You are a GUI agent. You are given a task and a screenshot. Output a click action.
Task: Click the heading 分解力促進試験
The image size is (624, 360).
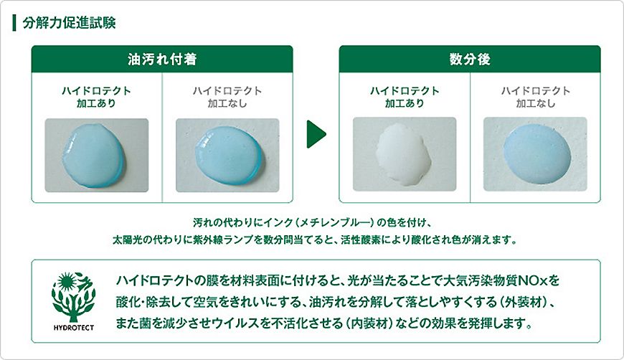click(x=69, y=23)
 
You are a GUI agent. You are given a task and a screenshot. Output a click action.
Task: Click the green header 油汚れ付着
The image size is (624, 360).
click(x=162, y=59)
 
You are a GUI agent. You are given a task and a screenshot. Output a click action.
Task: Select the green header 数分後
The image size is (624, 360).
click(x=470, y=59)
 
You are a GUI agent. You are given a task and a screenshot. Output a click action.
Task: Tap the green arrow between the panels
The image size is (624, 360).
click(x=316, y=134)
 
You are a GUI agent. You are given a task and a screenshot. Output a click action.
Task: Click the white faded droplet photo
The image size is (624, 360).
click(x=405, y=154)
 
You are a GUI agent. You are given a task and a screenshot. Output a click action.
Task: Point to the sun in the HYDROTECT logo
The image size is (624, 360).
click(x=67, y=282)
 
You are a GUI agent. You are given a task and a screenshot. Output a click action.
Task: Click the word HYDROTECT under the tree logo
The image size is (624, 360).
click(x=74, y=328)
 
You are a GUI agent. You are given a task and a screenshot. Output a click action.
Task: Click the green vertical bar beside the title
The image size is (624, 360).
click(x=14, y=23)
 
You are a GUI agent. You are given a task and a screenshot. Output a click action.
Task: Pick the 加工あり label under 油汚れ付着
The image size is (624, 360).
click(x=96, y=103)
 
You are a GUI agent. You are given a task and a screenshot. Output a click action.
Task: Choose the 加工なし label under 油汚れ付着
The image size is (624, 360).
click(x=227, y=103)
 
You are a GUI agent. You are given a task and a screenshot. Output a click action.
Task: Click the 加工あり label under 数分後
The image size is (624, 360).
click(x=405, y=103)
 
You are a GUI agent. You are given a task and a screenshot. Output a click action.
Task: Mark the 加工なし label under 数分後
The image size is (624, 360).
click(x=536, y=103)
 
